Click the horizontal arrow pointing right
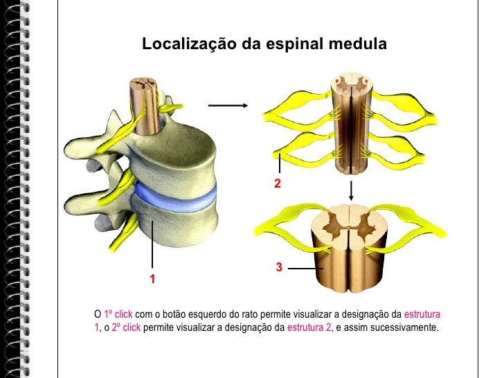pyautogui.click(x=228, y=106)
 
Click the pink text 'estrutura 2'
pyautogui.click(x=309, y=327)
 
